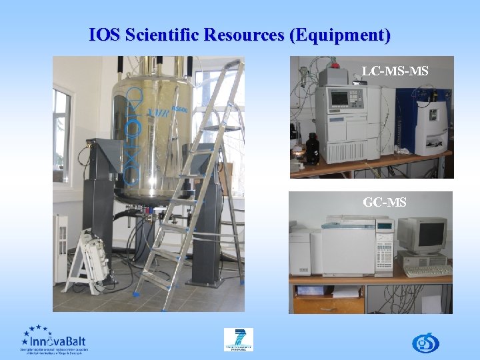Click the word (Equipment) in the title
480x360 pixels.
[x=340, y=35]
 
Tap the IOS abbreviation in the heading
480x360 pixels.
[x=104, y=35]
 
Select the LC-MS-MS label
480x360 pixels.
[x=395, y=71]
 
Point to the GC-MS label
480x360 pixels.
[x=385, y=202]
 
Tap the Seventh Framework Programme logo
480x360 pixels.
[x=238, y=339]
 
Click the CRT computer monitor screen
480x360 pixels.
[x=423, y=234]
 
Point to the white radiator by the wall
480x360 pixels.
[x=61, y=247]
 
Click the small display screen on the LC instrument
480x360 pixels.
[x=340, y=98]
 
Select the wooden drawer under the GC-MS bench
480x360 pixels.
[x=329, y=303]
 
